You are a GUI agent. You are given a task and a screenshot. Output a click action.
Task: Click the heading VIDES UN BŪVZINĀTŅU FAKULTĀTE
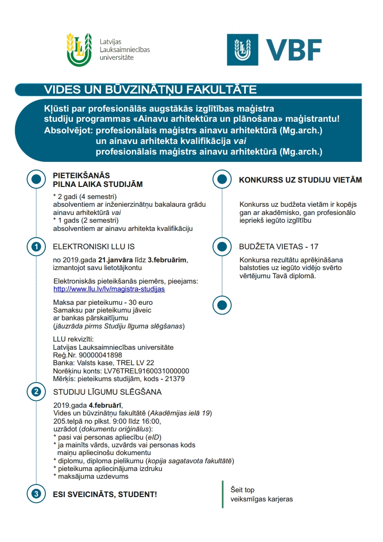tap(150, 90)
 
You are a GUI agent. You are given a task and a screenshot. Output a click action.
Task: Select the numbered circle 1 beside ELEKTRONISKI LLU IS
tap(36, 247)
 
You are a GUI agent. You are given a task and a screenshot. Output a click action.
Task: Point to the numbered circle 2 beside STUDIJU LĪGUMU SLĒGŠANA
tap(36, 392)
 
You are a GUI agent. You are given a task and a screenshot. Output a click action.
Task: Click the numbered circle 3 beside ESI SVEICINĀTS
tap(36, 494)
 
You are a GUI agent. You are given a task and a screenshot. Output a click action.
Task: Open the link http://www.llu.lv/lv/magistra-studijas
tap(109, 289)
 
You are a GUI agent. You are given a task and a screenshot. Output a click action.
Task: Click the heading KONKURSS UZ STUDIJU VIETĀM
tap(300, 180)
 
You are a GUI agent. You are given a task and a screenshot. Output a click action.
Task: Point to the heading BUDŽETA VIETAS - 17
tap(279, 247)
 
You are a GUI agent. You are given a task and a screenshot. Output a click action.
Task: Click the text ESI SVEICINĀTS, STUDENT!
tap(104, 495)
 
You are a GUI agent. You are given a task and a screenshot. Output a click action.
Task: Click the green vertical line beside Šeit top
tap(223, 494)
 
